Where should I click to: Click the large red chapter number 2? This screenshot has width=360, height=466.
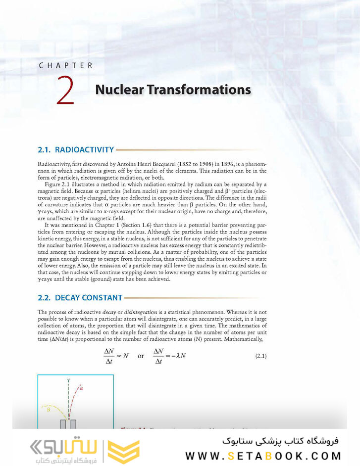(65, 90)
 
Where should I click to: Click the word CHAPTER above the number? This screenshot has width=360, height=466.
(66, 65)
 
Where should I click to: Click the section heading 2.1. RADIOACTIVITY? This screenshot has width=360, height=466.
(76, 149)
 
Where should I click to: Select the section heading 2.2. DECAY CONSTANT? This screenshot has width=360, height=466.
(80, 298)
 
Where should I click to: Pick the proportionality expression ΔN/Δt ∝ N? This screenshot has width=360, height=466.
(116, 356)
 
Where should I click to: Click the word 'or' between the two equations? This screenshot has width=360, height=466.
(141, 356)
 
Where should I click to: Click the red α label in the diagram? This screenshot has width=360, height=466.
(81, 389)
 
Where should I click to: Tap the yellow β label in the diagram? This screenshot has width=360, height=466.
(49, 410)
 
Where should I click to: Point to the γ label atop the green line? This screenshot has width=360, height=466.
(68, 380)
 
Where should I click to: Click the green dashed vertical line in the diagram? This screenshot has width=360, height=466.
(68, 401)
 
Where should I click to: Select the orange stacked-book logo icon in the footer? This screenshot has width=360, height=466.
(124, 449)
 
